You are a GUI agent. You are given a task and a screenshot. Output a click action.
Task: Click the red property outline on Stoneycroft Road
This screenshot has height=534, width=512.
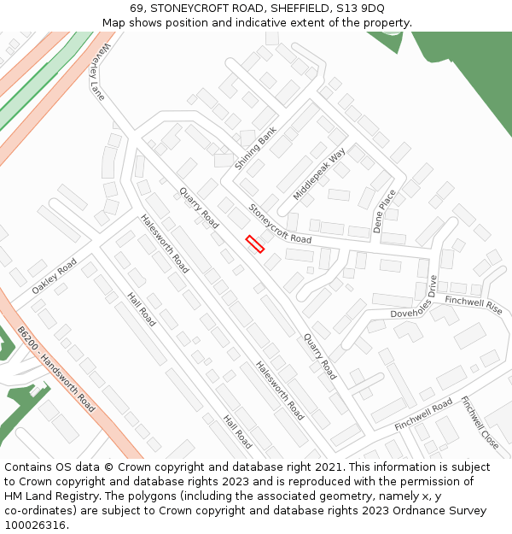coord(255,244)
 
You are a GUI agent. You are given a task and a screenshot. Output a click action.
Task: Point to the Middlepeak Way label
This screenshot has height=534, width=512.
coord(319,174)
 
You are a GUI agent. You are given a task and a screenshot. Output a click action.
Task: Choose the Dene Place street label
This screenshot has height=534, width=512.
coord(385,211)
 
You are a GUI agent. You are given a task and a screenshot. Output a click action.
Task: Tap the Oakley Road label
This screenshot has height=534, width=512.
coord(54,276)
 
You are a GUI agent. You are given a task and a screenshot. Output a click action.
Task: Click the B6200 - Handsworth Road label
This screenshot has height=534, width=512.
coord(56,369)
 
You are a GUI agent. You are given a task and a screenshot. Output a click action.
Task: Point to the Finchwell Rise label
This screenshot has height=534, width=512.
coord(474,304)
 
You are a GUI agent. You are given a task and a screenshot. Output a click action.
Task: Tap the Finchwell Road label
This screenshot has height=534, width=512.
coord(423,415)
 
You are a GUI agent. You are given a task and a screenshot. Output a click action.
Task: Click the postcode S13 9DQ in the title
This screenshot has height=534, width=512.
coord(364,9)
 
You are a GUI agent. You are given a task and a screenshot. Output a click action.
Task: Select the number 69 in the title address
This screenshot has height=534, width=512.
coord(137,9)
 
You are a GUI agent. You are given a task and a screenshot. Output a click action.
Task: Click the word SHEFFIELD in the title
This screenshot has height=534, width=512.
coord(304,9)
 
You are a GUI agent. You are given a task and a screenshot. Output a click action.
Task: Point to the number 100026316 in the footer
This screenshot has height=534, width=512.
coord(37,525)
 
